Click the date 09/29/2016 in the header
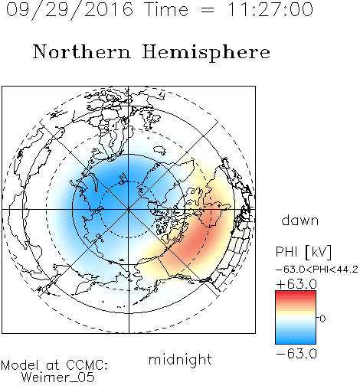(70, 10)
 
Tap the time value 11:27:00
(270, 9)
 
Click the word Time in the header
(166, 9)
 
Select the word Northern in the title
(81, 51)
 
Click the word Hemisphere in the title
(206, 52)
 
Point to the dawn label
(300, 221)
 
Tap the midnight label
(180, 360)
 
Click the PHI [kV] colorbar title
(303, 252)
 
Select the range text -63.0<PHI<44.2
(317, 270)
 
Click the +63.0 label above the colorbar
(296, 284)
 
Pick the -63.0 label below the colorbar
(296, 354)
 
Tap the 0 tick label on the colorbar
(322, 319)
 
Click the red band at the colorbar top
(296, 293)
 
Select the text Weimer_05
(58, 378)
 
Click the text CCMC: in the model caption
(87, 365)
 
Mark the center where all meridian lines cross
(129, 209)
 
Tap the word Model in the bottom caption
(20, 365)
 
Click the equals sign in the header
(208, 10)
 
